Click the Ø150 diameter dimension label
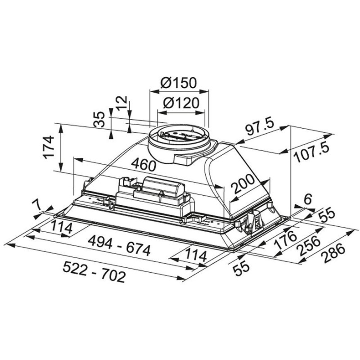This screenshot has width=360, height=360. (x=179, y=83)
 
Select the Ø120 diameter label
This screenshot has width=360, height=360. (x=181, y=103)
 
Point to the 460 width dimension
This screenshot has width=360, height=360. (x=144, y=164)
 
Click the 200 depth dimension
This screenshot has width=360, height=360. (x=243, y=184)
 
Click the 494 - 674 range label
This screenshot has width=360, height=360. (x=120, y=246)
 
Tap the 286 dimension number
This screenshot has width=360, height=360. (x=334, y=254)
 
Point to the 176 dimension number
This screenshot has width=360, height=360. (x=285, y=240)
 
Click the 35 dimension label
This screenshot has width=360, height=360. (x=99, y=119)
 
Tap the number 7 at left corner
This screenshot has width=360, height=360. (x=37, y=205)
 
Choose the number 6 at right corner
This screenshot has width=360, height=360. (x=309, y=199)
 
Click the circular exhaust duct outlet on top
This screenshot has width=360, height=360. (x=179, y=138)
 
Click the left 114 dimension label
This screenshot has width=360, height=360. (x=61, y=227)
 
